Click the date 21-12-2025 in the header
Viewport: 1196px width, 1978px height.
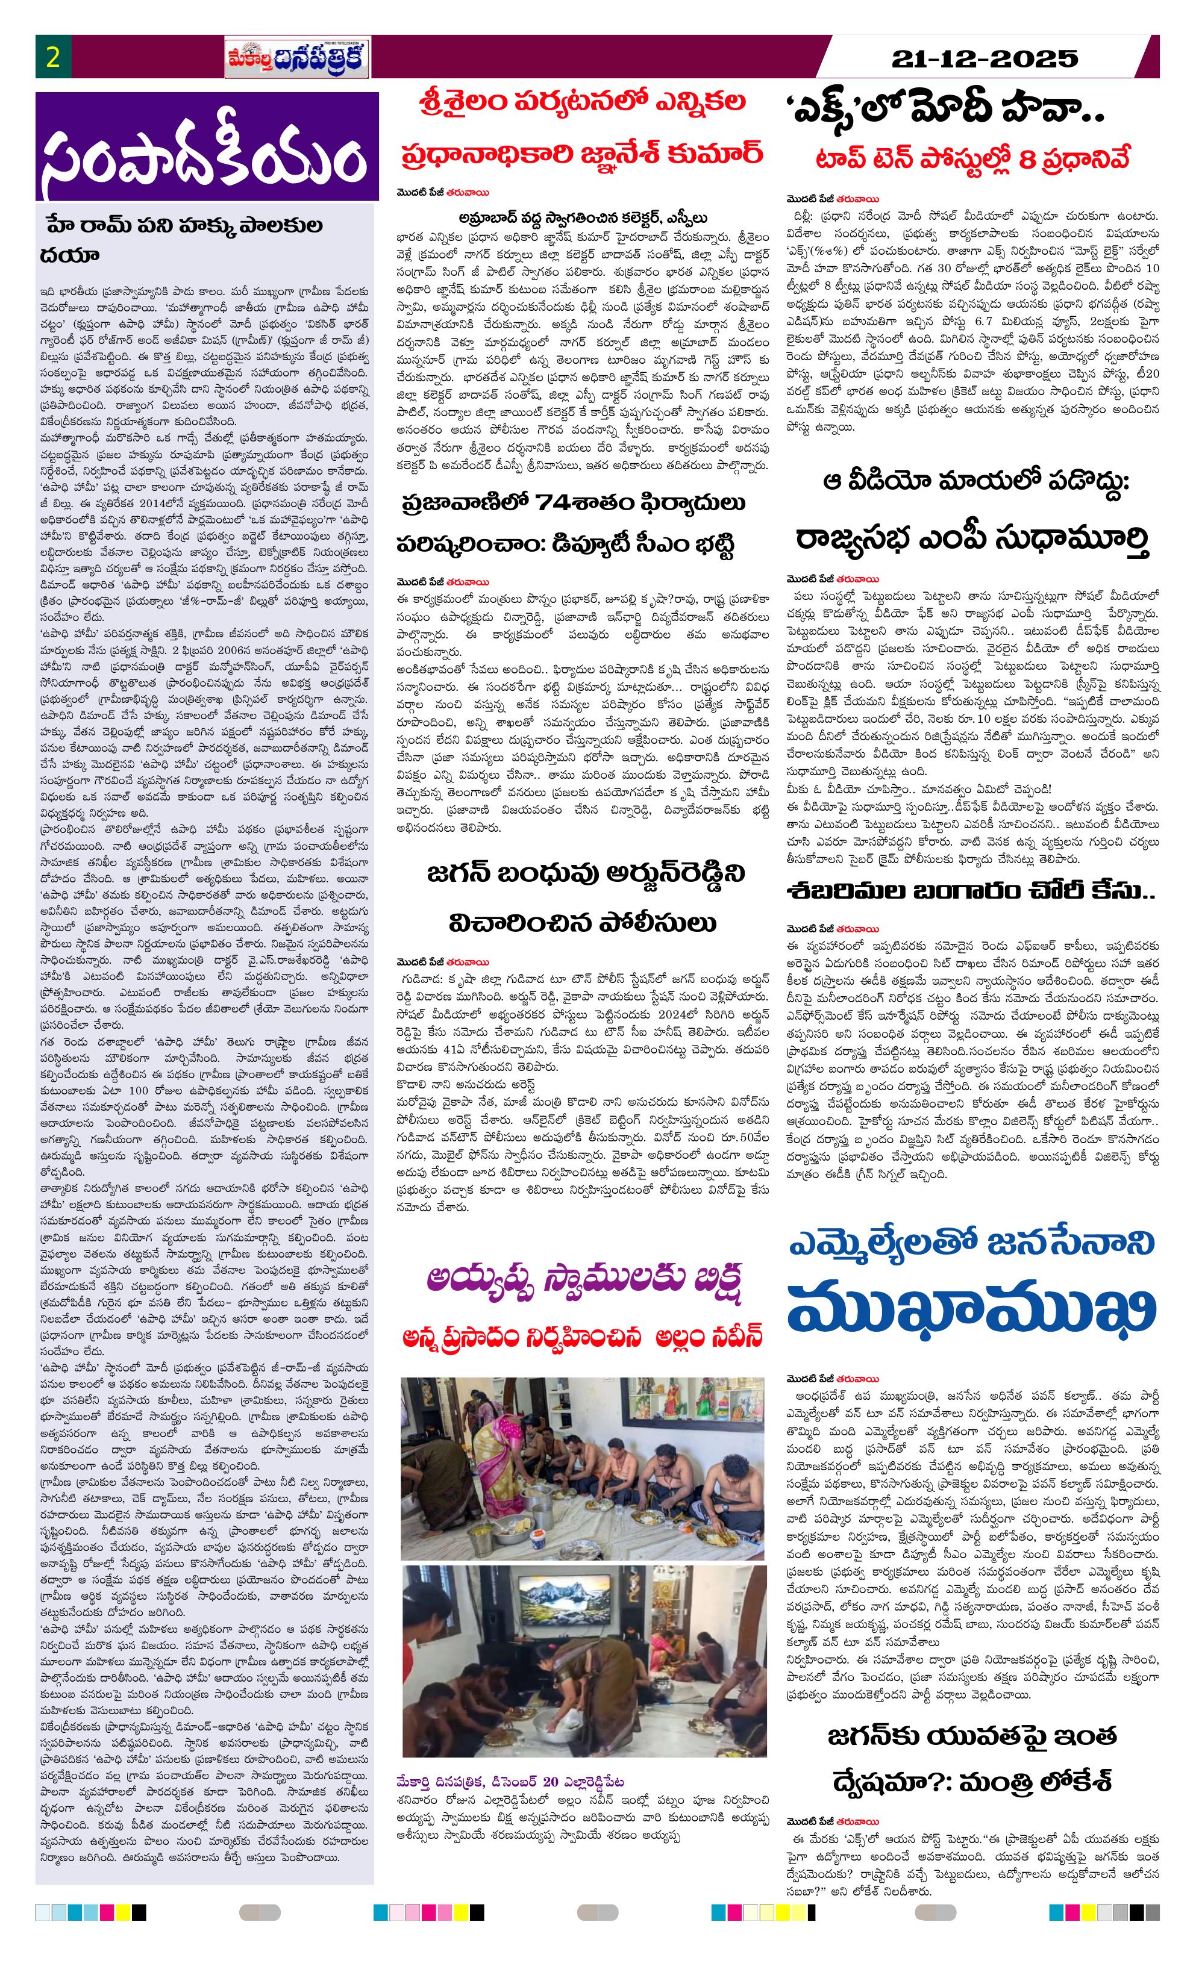pyautogui.click(x=985, y=58)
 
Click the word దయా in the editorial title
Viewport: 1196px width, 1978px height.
pyautogui.click(x=69, y=255)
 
